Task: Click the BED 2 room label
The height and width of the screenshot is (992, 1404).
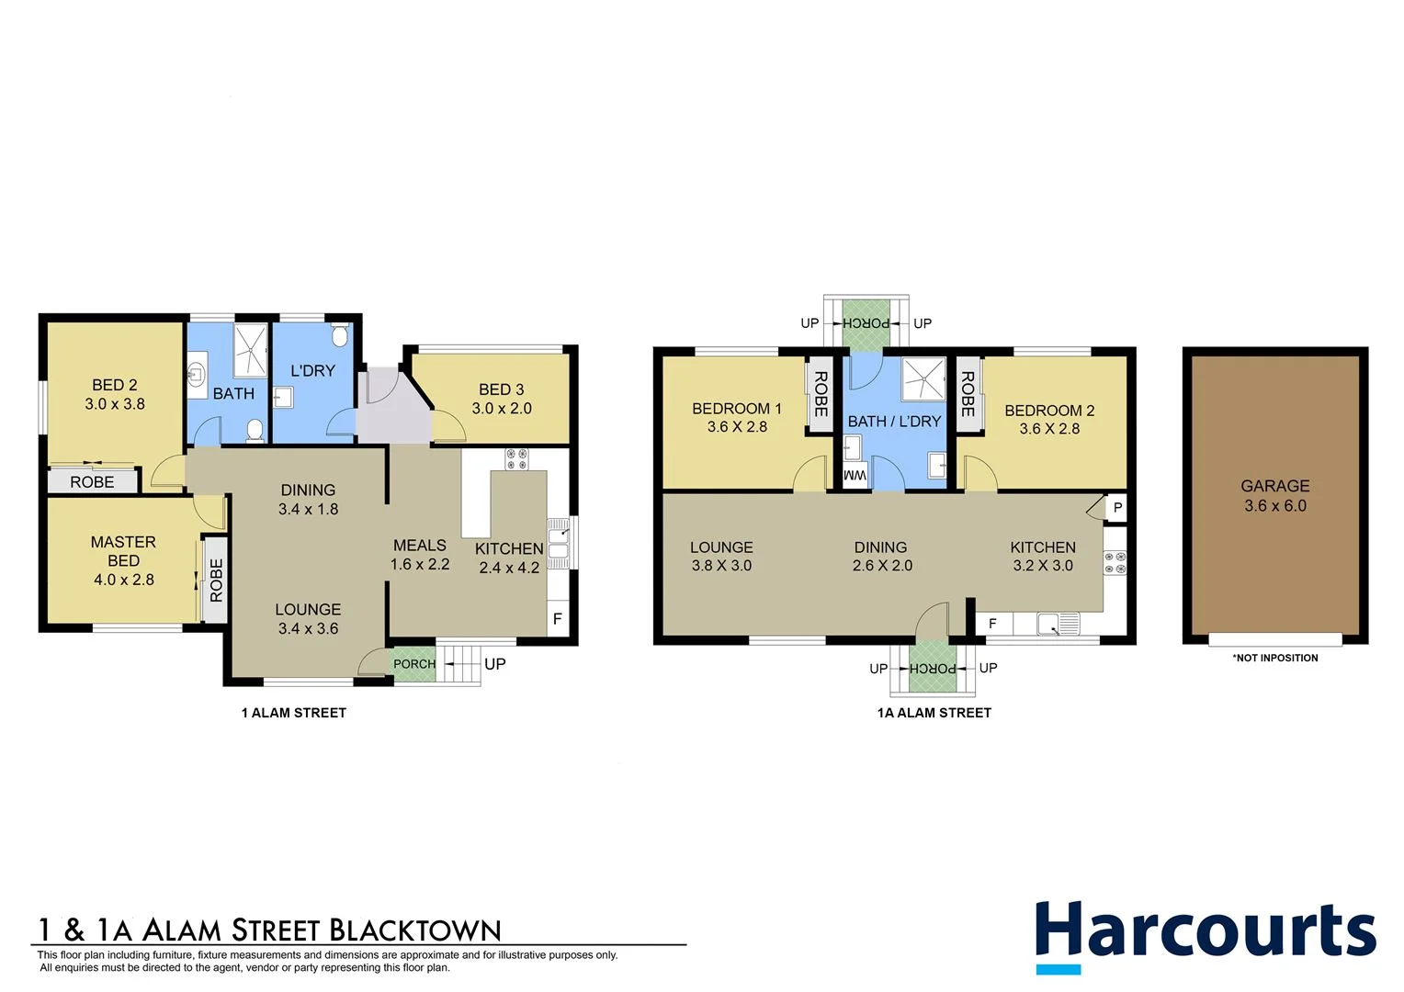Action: click(115, 386)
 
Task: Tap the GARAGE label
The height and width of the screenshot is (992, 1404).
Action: click(1274, 486)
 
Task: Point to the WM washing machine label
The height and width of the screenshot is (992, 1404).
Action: click(855, 476)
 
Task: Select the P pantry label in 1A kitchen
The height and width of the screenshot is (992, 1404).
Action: click(1117, 507)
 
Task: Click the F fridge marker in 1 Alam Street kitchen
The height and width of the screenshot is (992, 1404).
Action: click(557, 619)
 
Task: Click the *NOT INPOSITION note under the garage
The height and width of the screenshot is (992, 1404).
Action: click(1274, 658)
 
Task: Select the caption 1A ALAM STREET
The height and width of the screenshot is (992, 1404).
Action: click(934, 713)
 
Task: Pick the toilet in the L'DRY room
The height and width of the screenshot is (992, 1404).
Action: click(340, 335)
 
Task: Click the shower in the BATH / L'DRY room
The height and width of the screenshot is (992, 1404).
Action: click(923, 379)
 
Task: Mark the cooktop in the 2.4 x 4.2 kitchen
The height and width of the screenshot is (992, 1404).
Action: click(516, 458)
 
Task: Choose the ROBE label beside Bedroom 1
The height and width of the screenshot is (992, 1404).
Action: click(821, 394)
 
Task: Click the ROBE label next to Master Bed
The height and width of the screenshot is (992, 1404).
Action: click(216, 581)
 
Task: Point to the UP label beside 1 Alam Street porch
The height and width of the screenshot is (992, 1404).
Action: click(494, 664)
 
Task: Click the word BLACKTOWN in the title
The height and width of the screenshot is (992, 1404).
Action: click(414, 930)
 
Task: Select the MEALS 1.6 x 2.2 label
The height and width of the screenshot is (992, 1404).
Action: click(420, 555)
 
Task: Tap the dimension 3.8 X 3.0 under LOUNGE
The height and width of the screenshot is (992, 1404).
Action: click(721, 566)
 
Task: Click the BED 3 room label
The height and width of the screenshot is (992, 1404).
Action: click(501, 389)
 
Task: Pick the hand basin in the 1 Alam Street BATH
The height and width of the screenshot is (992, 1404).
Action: click(197, 373)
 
